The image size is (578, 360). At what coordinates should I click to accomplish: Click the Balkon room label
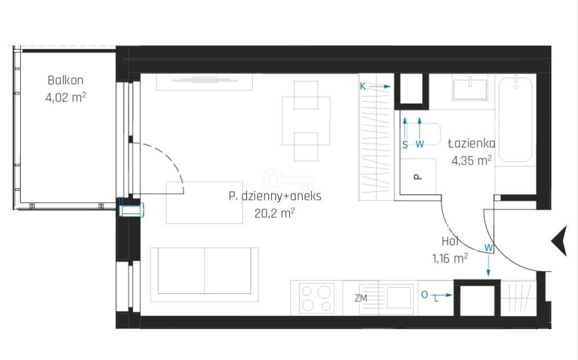pos(66,81)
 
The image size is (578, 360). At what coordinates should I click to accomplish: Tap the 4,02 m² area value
pos(66,97)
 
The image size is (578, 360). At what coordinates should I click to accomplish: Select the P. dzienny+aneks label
pos(275,196)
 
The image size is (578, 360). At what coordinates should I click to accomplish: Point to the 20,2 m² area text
pos(275,213)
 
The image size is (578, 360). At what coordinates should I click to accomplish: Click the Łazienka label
pos(471,143)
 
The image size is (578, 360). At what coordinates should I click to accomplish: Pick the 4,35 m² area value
pos(471,161)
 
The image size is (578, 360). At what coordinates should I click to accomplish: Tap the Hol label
pos(450,241)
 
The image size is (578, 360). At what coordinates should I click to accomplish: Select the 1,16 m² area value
pos(450,259)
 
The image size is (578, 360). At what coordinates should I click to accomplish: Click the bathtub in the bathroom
pos(515,119)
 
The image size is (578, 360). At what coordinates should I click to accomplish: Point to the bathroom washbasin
pos(470,88)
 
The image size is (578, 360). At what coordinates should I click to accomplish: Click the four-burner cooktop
pos(317,298)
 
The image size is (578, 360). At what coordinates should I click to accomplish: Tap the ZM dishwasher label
pos(361,298)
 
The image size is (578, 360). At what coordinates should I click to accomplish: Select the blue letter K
pos(363,86)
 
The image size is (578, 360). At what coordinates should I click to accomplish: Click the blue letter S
pos(405,145)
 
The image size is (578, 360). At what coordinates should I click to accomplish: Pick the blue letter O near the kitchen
pos(424,294)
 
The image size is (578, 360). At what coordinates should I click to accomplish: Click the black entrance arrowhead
pos(560,241)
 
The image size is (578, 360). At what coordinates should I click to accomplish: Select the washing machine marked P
pos(418,176)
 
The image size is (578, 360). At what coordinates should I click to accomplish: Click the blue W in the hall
pos(488,248)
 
